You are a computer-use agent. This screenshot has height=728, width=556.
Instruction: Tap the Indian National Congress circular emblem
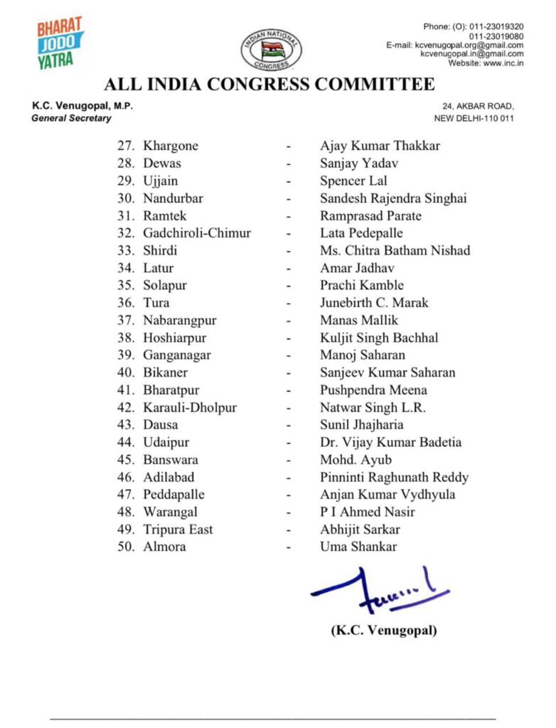click(270, 50)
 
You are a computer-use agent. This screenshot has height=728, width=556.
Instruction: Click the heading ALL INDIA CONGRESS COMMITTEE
click(269, 85)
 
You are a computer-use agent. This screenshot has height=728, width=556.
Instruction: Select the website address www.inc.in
click(503, 63)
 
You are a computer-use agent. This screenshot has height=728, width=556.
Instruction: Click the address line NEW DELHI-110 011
click(474, 118)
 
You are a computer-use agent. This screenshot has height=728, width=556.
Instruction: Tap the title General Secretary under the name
click(71, 118)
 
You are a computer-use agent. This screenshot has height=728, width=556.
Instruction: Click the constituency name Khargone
click(171, 146)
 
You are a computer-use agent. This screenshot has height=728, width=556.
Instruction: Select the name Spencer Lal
click(353, 181)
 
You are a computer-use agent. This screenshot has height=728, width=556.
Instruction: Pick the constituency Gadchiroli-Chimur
click(197, 233)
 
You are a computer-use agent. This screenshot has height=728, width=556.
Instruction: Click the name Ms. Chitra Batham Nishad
click(395, 250)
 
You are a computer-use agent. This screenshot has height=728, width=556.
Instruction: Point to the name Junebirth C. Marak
click(374, 303)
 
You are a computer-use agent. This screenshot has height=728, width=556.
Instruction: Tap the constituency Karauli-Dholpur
click(190, 407)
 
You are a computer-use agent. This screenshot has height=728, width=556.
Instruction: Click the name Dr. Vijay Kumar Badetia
click(390, 442)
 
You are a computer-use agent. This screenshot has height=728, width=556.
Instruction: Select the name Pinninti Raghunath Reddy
click(394, 477)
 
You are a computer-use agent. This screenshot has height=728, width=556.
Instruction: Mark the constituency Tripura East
click(178, 530)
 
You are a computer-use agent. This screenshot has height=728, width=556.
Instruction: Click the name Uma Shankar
click(358, 547)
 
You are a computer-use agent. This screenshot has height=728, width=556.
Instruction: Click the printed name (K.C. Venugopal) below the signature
click(384, 630)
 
